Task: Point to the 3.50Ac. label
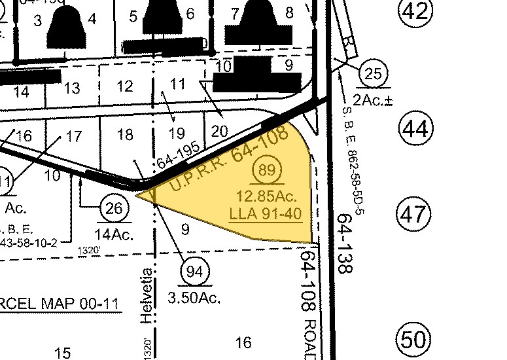point(194,298)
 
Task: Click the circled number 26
point(113,209)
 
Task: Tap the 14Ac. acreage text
point(114,234)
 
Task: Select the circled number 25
point(372,75)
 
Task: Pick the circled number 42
point(415,11)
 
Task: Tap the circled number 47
point(415,215)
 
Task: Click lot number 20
point(220,131)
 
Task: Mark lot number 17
point(74,137)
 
